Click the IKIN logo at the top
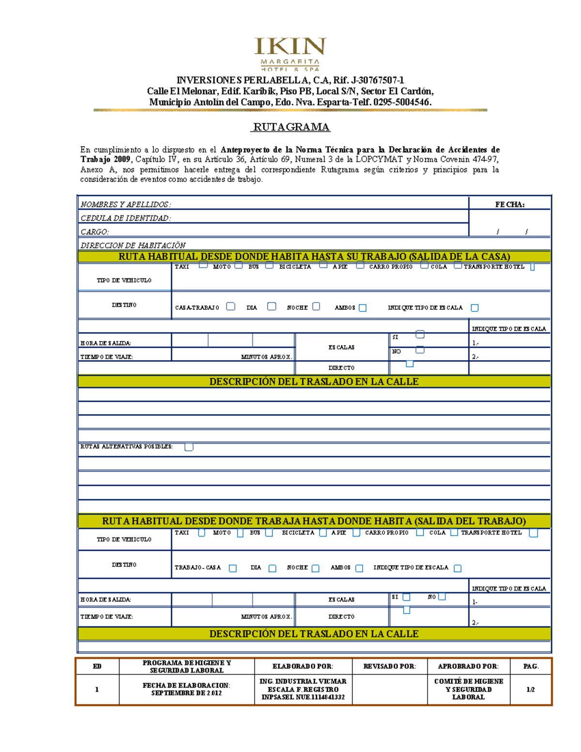click(290, 53)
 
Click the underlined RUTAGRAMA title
click(291, 127)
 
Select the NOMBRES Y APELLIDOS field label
click(125, 204)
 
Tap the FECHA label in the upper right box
click(509, 204)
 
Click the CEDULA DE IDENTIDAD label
click(125, 218)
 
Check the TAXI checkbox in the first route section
click(203, 265)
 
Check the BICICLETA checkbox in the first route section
click(323, 265)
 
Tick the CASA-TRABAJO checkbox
click(231, 307)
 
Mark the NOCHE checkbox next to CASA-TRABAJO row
click(316, 307)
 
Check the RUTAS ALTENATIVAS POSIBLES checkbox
click(189, 447)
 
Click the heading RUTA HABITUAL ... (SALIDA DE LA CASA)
click(314, 257)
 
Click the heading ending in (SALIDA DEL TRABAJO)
click(314, 521)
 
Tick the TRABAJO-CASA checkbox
click(233, 568)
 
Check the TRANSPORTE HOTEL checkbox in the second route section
click(534, 533)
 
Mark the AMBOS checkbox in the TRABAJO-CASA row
click(359, 568)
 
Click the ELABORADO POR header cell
click(303, 666)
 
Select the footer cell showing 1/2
click(531, 689)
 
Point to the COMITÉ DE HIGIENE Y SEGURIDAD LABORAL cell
click(468, 689)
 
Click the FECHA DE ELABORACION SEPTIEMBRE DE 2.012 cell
click(186, 689)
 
